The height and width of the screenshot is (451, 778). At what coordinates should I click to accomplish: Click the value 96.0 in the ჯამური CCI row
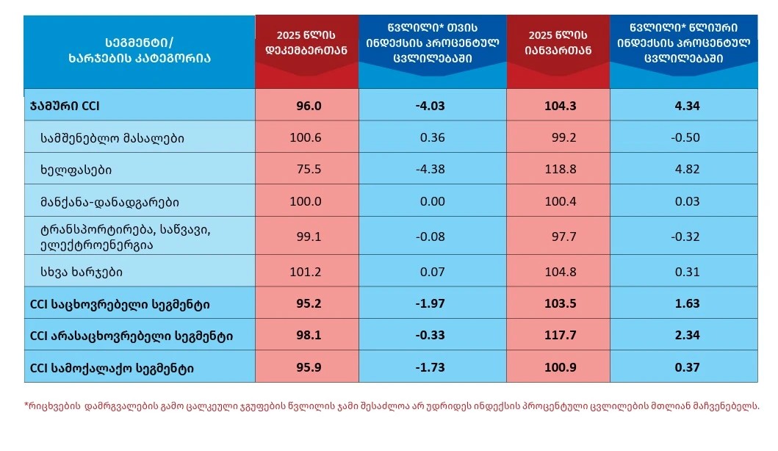[309, 106]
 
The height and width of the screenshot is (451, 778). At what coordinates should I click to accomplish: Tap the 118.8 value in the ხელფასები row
[560, 170]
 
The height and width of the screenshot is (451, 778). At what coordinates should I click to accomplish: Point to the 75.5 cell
[309, 170]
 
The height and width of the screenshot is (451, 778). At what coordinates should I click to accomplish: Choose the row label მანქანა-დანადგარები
[110, 201]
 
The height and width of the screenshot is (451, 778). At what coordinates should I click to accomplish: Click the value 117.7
[561, 336]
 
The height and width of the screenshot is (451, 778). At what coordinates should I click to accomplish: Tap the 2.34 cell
[686, 336]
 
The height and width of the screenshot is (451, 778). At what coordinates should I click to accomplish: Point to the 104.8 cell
[561, 273]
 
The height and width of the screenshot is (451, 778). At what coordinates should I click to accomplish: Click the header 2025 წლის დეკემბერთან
[306, 41]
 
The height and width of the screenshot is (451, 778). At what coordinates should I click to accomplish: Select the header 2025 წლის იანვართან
[559, 41]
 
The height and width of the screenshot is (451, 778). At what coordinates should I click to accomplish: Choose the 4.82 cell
[686, 170]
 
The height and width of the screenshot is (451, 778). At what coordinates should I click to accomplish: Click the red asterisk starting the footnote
[26, 405]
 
